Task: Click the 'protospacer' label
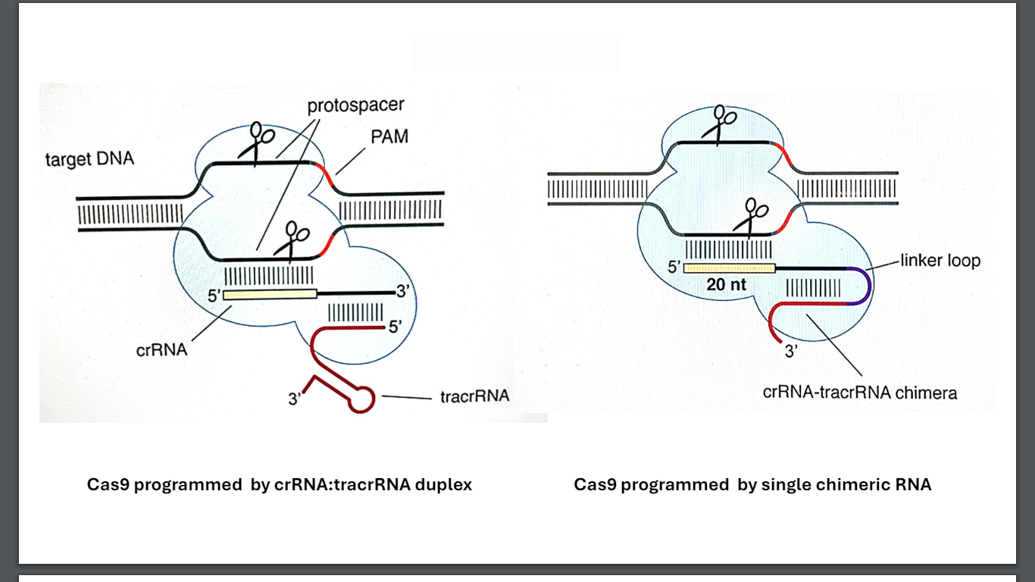355,105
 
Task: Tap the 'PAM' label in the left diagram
389,136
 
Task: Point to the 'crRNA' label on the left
161,350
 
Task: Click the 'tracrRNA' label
474,396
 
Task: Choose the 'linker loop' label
940,261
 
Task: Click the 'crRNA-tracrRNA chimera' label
860,393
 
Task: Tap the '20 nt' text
727,285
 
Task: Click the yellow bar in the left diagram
270,294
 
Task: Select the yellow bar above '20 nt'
730,268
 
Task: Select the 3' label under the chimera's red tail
791,351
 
